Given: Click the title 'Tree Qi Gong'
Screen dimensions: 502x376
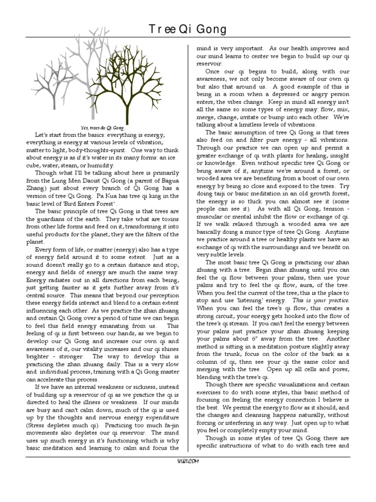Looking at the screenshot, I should (x=188, y=29).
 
